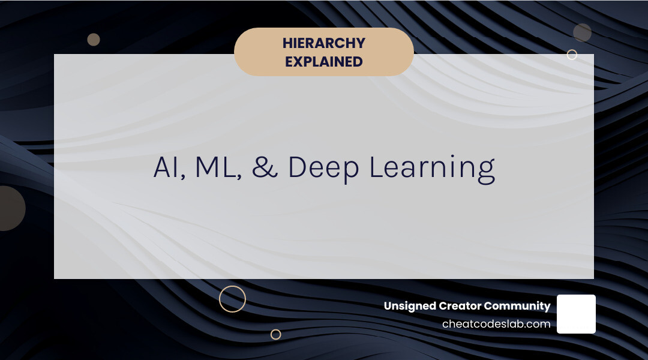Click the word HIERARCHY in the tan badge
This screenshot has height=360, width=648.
324,43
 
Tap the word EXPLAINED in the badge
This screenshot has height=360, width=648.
324,61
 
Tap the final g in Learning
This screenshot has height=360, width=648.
487,172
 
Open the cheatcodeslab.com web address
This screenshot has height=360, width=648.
496,324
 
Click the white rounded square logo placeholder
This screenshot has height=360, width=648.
576,314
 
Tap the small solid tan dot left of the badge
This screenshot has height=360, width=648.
94,40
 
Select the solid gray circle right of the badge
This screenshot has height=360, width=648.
582,32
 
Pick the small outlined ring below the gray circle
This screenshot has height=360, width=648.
572,55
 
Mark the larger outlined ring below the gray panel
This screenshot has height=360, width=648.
232,299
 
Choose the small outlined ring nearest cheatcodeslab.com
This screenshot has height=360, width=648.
275,334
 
